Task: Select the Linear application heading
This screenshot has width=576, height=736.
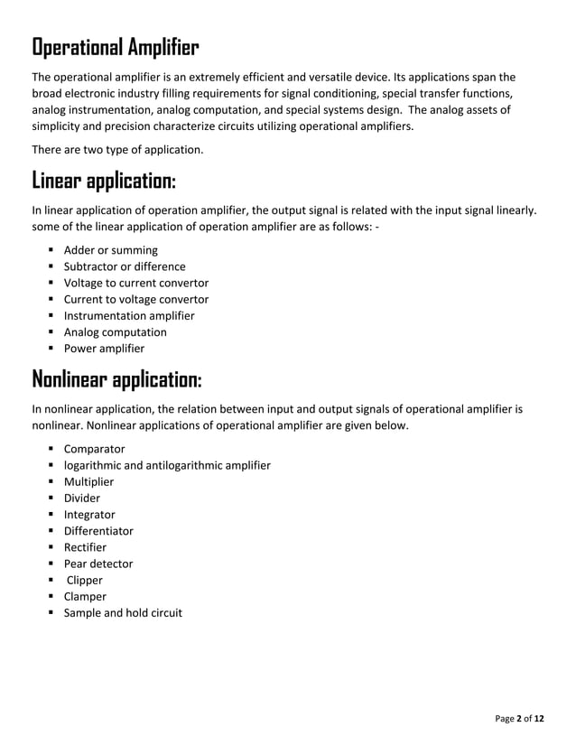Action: point(104,180)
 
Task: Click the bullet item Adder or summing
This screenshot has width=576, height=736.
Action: point(110,250)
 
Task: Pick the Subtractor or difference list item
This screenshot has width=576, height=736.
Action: point(125,266)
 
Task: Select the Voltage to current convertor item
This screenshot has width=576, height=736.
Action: point(135,283)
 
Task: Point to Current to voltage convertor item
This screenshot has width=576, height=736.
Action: point(135,299)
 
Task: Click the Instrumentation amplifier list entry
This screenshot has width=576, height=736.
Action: point(128,315)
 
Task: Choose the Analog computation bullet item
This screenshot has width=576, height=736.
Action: point(115,331)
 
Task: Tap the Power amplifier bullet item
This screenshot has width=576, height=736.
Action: point(103,348)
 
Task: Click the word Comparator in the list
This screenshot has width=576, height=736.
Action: point(94,449)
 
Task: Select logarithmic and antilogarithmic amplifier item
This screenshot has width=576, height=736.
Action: point(166,465)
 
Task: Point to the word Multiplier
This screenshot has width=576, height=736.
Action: point(88,481)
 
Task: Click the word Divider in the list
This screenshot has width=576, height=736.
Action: point(81,498)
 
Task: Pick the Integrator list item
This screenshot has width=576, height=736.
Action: point(88,515)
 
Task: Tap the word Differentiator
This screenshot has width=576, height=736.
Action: point(98,531)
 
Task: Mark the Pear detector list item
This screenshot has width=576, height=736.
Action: point(98,564)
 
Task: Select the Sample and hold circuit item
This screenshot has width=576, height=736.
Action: point(122,613)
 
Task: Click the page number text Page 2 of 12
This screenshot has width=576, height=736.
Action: point(520,719)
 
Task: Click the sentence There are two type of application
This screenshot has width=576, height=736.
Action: point(117,148)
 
